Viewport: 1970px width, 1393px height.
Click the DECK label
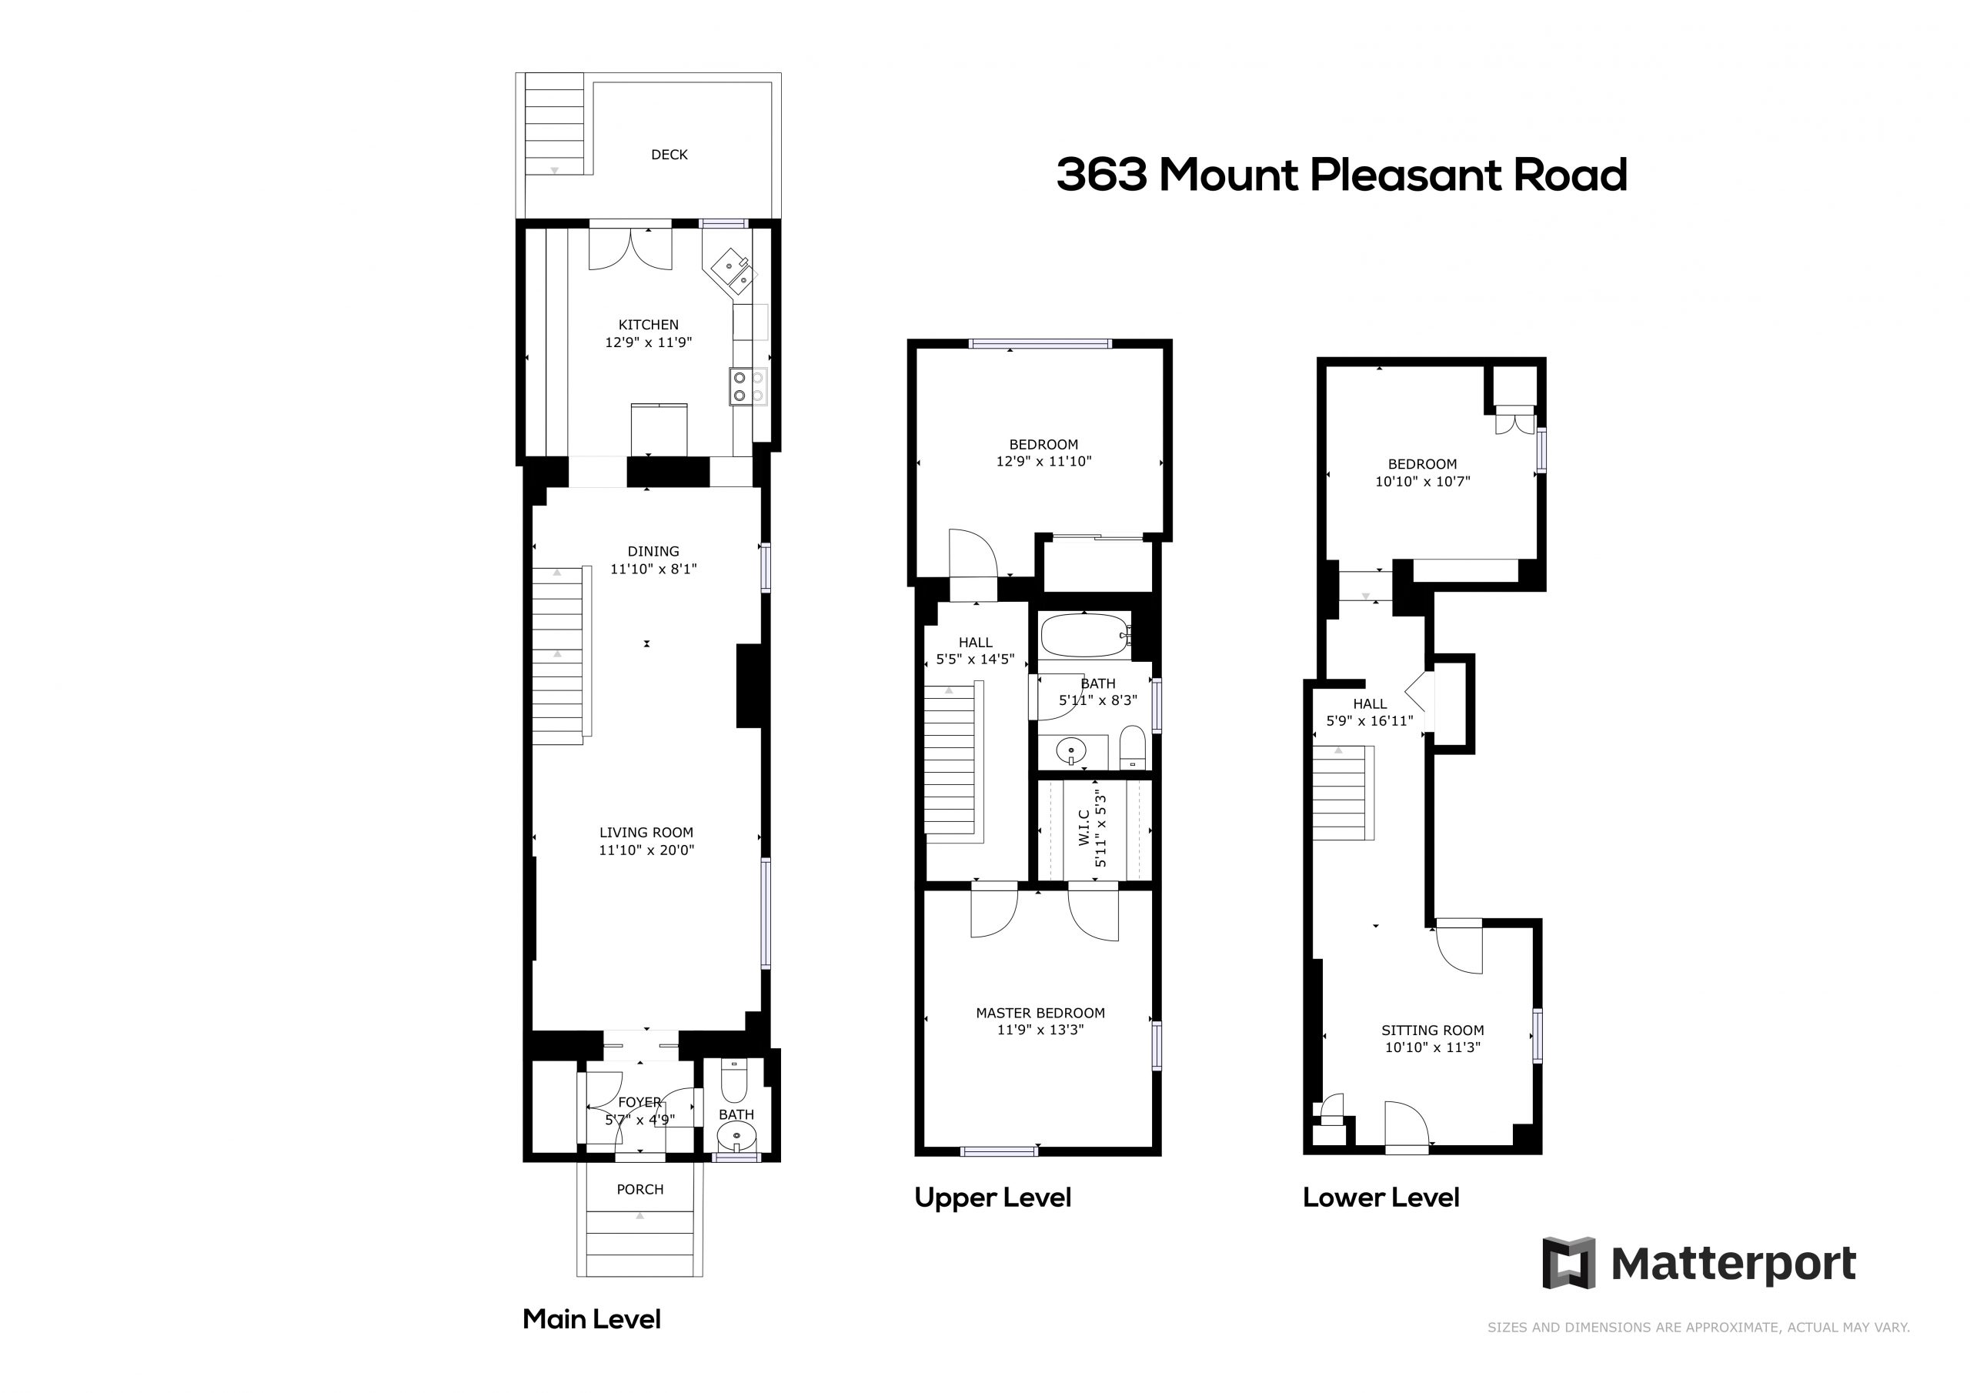[x=669, y=155]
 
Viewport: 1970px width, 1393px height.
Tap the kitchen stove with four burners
[x=748, y=386]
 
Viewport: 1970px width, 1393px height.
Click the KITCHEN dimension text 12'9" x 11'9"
[x=649, y=342]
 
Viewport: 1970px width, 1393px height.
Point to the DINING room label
[x=653, y=551]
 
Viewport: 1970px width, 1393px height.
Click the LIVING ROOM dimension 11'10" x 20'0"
[x=646, y=850]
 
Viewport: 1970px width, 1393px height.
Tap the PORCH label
[x=640, y=1190]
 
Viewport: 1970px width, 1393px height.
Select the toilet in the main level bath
[x=734, y=1081]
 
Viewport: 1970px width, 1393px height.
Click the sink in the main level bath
[x=736, y=1139]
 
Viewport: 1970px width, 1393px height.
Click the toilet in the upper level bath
[x=1132, y=747]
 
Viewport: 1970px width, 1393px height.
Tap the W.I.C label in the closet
[x=1084, y=827]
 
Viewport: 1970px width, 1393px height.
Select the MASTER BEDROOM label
[x=1040, y=1013]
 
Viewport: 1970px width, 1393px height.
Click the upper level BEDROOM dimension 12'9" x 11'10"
[x=1043, y=461]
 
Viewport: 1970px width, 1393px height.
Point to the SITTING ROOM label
[x=1432, y=1030]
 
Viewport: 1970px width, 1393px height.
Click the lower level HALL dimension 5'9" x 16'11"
[x=1370, y=721]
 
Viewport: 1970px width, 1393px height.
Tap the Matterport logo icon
[x=1568, y=1262]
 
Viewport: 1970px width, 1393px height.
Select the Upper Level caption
[x=993, y=1198]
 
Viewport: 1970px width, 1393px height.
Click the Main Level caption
[x=592, y=1319]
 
